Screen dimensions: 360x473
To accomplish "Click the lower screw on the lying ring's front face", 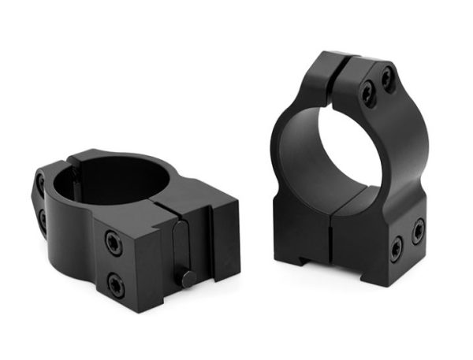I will (x=116, y=284).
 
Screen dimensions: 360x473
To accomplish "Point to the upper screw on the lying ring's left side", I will (x=40, y=187).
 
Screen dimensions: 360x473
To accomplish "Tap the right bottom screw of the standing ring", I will (x=418, y=230).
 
